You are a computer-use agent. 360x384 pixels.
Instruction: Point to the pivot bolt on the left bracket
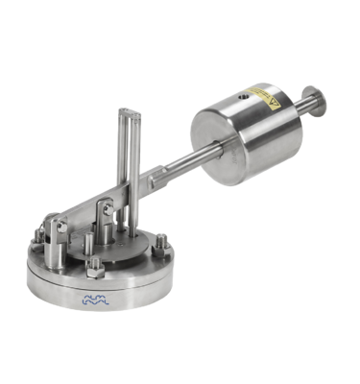[x=60, y=227]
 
